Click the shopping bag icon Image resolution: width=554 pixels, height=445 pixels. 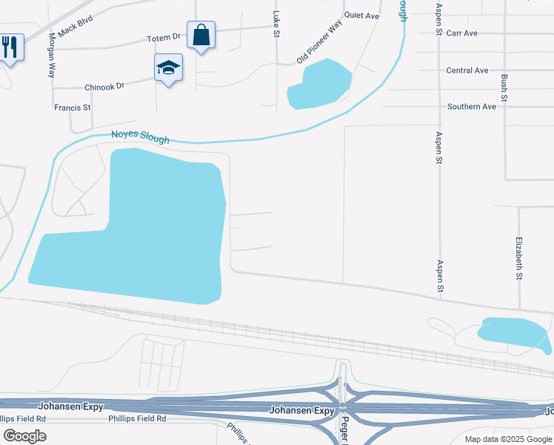(201, 35)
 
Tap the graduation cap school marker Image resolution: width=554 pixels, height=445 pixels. (169, 68)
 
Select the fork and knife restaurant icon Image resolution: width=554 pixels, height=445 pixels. (10, 47)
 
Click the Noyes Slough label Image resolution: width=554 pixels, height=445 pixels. (140, 137)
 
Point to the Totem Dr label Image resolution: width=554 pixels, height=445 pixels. (164, 36)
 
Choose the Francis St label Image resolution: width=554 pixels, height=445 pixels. (73, 108)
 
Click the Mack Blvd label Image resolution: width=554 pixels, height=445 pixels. (77, 30)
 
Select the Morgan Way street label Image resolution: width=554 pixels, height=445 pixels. (52, 56)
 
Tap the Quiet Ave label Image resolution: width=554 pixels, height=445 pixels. (361, 16)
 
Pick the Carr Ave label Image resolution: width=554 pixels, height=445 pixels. (462, 33)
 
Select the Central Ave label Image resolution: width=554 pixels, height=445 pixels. (467, 70)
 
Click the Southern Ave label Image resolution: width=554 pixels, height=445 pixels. (471, 107)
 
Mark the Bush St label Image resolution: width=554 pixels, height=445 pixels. (504, 88)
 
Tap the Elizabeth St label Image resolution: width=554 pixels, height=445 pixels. (519, 257)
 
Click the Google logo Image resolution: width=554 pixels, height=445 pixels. (24, 436)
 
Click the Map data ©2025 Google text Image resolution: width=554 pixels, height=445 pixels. (507, 439)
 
